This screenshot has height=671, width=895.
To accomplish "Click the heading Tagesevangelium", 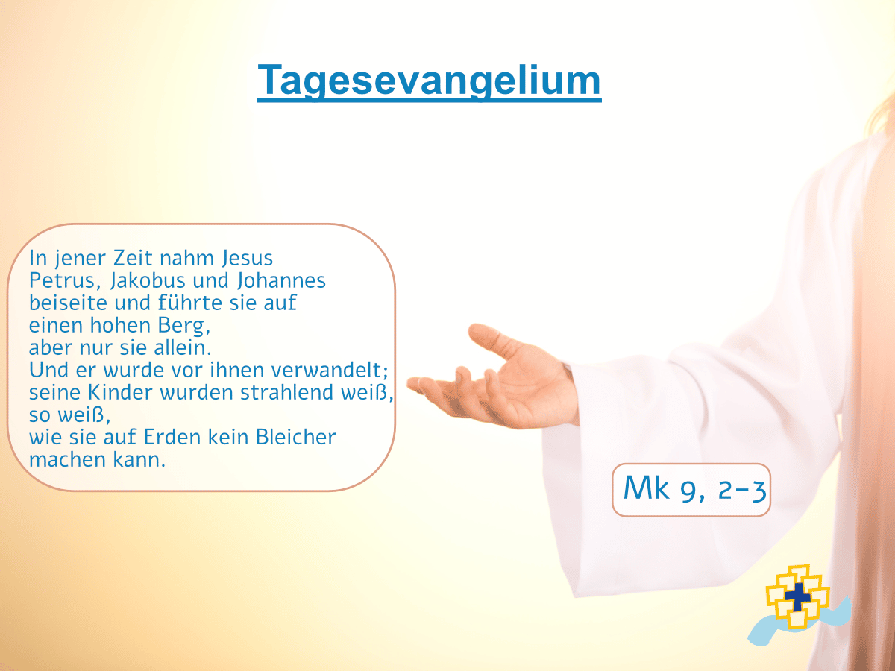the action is point(430,81).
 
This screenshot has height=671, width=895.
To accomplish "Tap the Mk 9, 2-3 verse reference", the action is point(695,489).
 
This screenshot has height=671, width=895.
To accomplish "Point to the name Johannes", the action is point(281,281).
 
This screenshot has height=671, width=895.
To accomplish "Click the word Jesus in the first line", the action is point(248,258).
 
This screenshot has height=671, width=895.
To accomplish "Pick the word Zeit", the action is point(133,258).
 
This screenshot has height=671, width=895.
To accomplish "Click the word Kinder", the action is point(120,392).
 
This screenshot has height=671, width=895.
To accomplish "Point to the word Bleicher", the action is point(295,437).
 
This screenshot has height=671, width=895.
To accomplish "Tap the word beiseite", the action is point(68,303).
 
